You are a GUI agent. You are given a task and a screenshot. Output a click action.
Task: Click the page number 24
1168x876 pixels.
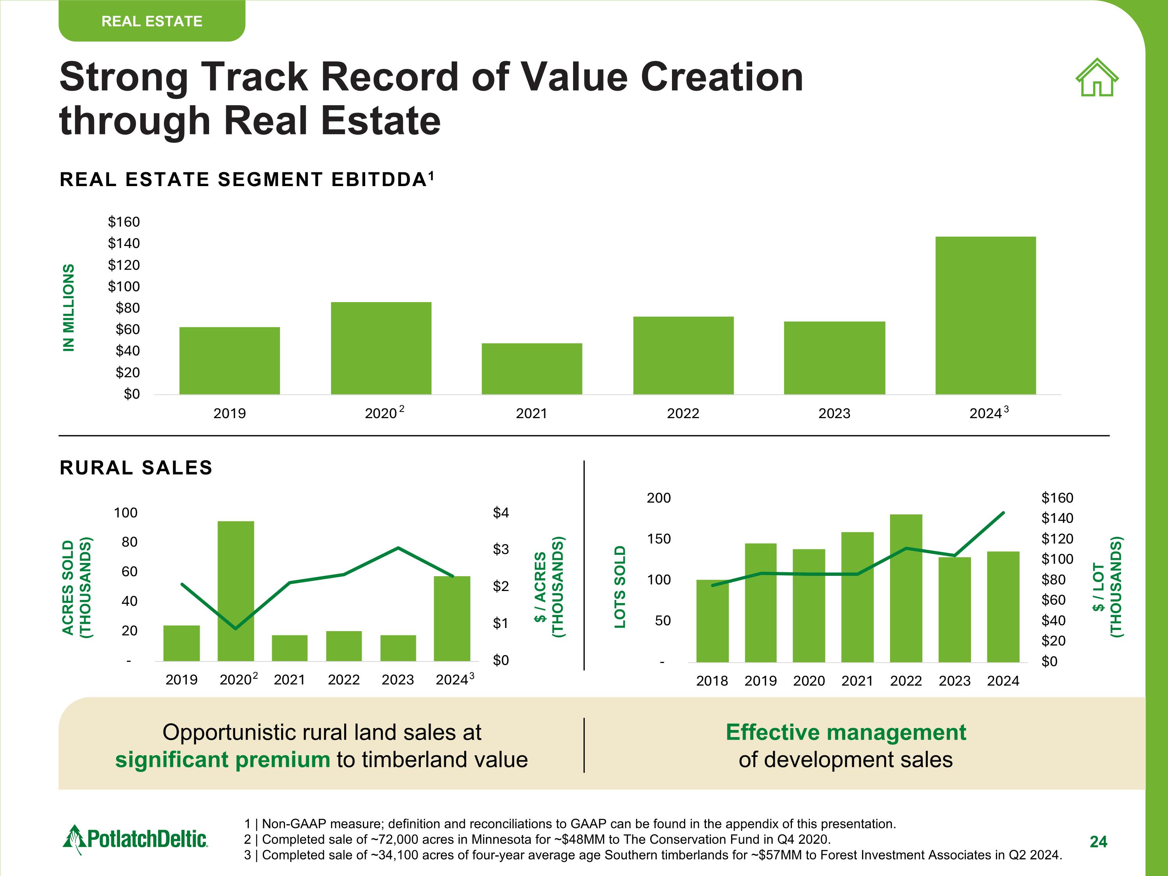pyautogui.click(x=1098, y=842)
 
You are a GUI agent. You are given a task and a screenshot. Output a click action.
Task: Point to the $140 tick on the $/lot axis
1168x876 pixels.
pyautogui.click(x=1057, y=518)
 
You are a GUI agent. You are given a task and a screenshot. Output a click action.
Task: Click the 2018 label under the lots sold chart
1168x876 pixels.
pyautogui.click(x=712, y=681)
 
